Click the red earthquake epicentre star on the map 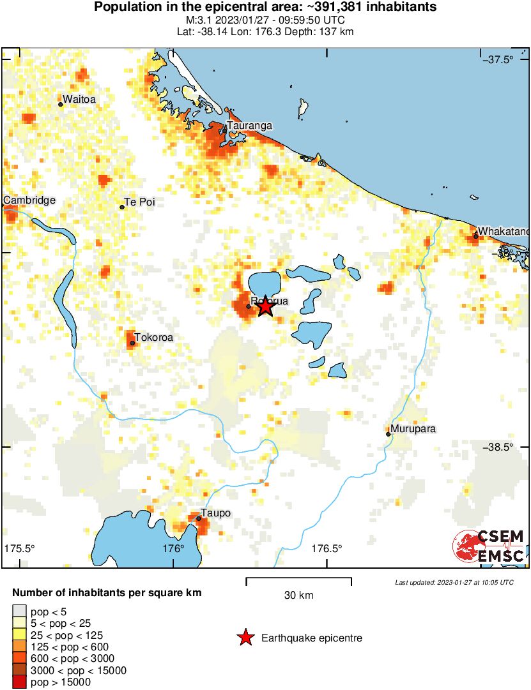(266, 307)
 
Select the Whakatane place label (504, 230)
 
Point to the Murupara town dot (389, 434)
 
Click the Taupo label (215, 513)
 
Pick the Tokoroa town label (153, 338)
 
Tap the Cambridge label (29, 200)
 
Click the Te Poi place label (139, 202)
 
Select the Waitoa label (79, 98)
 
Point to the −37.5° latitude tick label (498, 60)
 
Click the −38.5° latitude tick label (498, 447)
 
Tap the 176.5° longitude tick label (327, 548)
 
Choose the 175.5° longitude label (20, 548)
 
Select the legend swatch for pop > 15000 (19, 682)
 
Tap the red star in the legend (245, 638)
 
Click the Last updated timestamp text (454, 582)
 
